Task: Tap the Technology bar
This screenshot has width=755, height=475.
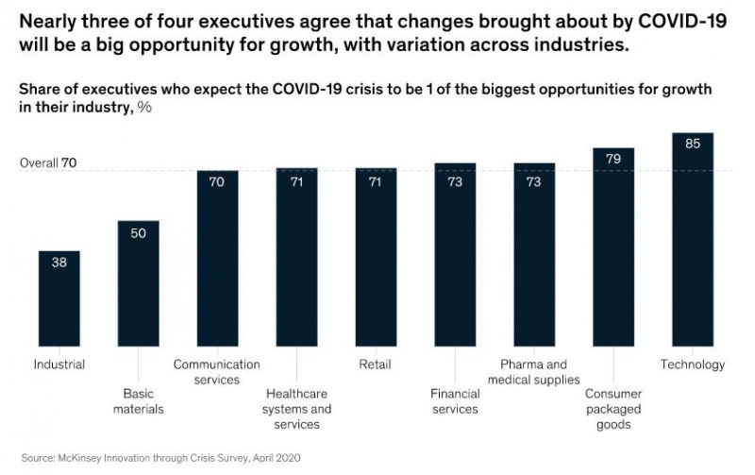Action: [693, 242]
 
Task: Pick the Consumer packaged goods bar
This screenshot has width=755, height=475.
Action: [613, 250]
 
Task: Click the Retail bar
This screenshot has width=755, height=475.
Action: [376, 259]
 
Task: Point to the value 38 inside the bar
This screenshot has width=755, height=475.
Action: [59, 263]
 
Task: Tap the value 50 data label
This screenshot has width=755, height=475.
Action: [139, 233]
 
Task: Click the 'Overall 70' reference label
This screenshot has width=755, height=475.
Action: [47, 162]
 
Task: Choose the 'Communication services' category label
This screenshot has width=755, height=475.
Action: [216, 372]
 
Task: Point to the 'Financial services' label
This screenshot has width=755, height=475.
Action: [454, 401]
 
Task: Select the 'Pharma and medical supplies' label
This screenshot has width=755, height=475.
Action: [535, 372]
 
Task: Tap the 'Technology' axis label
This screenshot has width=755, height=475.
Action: [693, 365]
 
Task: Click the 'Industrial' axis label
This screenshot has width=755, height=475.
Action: [59, 365]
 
